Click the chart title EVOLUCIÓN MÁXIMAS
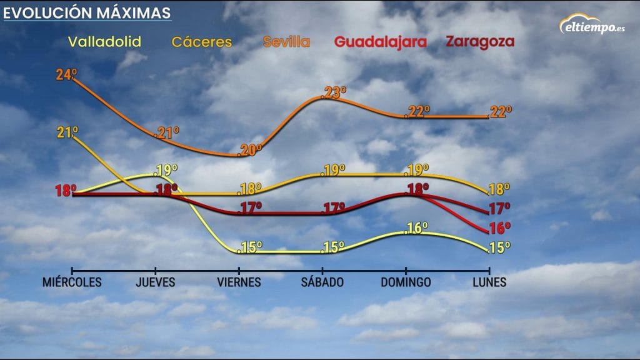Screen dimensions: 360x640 [87, 12]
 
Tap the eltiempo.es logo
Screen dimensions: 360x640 [593, 26]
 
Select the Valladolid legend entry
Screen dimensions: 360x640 [104, 42]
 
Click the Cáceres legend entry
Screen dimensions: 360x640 [202, 42]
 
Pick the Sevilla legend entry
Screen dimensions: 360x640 [286, 42]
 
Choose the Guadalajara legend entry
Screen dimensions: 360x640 [381, 42]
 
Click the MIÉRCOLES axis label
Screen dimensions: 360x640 [72, 282]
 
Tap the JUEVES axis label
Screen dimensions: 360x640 [156, 282]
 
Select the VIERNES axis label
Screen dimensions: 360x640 [239, 282]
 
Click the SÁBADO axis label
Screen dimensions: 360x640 [322, 282]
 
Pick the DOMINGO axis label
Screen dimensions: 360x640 [406, 282]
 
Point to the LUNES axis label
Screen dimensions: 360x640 [489, 282]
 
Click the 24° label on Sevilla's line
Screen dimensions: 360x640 [66, 75]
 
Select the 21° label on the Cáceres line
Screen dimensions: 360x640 [67, 132]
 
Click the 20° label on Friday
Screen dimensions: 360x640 [251, 150]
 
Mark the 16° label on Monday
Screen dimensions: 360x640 [501, 227]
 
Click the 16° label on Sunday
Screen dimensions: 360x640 [417, 228]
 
